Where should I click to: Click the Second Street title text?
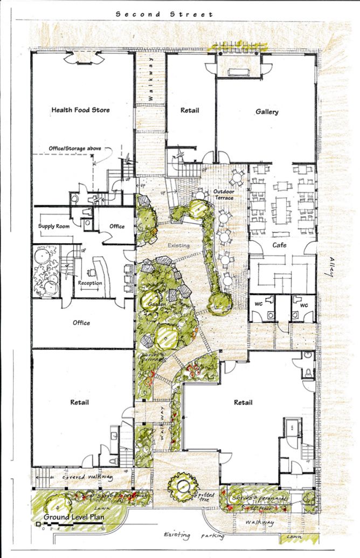click(x=164, y=15)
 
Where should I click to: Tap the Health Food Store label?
click(x=80, y=110)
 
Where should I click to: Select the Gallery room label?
click(x=267, y=112)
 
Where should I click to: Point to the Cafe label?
click(x=279, y=245)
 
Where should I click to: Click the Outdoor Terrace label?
click(x=223, y=195)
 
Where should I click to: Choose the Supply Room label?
click(x=54, y=226)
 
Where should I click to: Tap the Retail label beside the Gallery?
click(x=190, y=111)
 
